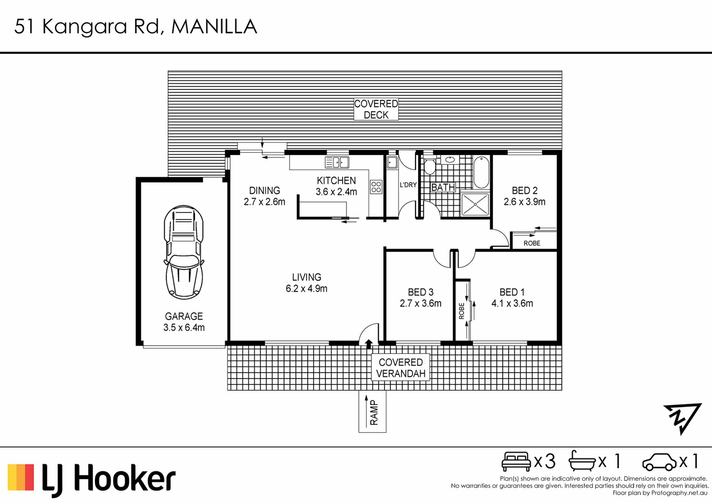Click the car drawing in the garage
(x=184, y=252)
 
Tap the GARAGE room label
(x=184, y=316)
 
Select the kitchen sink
(x=337, y=162)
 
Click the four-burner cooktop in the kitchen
(x=376, y=186)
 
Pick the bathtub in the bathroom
(x=481, y=172)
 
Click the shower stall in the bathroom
(x=475, y=204)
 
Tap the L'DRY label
(x=408, y=185)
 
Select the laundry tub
(x=392, y=162)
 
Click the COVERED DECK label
(x=376, y=109)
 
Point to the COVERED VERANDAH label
(x=400, y=368)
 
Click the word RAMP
(x=374, y=413)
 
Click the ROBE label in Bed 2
(x=532, y=243)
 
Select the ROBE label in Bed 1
(x=462, y=311)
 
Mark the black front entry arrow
(x=369, y=344)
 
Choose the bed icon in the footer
(x=516, y=461)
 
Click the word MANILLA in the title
(x=214, y=27)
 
